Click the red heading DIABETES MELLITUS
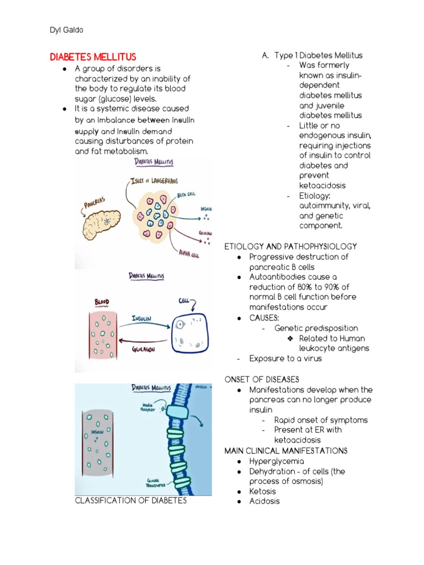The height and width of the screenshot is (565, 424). (x=93, y=57)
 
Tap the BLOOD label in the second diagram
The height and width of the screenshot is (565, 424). (x=102, y=302)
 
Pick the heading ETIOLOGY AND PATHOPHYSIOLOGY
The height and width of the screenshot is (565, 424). (x=290, y=247)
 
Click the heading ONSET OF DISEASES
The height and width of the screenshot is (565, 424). (x=262, y=380)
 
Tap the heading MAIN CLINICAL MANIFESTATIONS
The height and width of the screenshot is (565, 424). (x=286, y=451)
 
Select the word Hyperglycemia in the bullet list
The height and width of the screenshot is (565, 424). (x=277, y=461)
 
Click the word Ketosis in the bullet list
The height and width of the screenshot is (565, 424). (x=262, y=491)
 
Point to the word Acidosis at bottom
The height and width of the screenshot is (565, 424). (x=264, y=501)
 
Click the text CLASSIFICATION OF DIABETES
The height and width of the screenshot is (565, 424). (x=131, y=500)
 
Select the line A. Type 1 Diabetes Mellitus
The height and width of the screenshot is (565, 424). (x=312, y=55)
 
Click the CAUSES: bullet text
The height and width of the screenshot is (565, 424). (x=264, y=318)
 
